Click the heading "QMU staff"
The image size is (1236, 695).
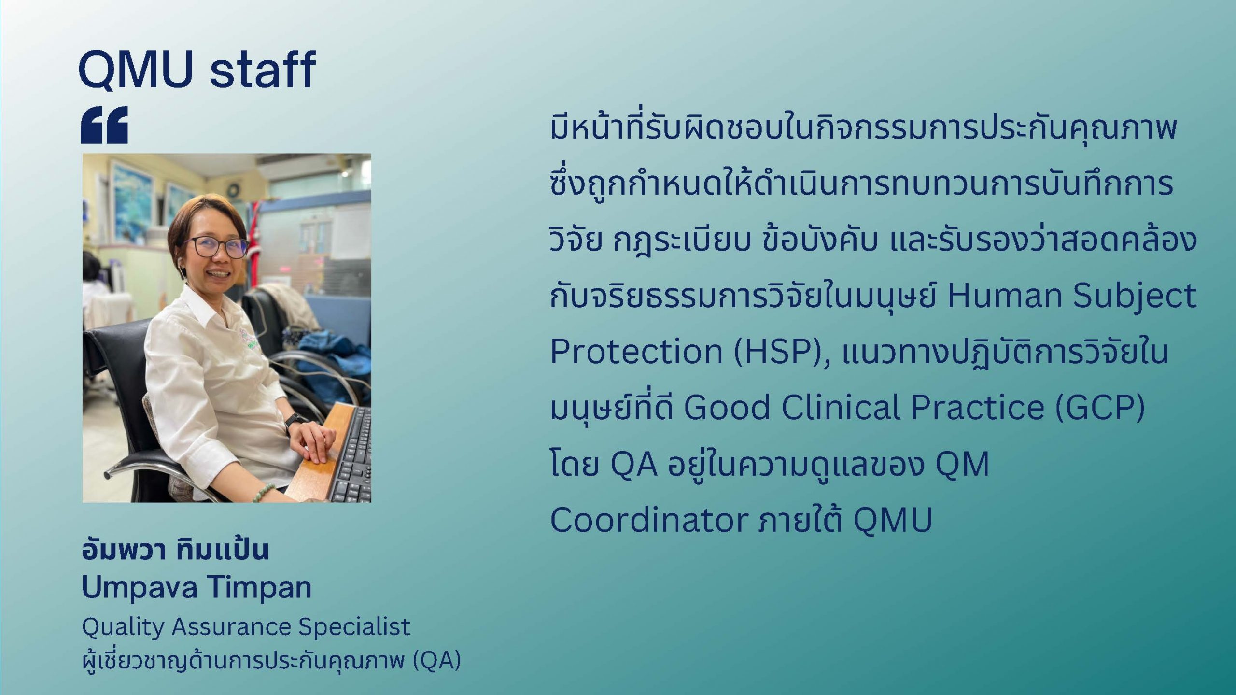click(197, 70)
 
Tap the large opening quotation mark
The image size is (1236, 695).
click(104, 125)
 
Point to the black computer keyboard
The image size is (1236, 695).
click(351, 454)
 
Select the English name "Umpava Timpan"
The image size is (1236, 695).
click(197, 588)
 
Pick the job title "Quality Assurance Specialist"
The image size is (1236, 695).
click(246, 627)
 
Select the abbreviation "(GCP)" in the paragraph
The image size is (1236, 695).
click(1099, 408)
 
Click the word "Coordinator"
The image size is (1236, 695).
click(649, 520)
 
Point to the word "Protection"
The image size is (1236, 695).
click(636, 351)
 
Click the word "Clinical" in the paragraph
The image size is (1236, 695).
click(841, 407)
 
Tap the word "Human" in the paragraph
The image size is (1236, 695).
click(1004, 295)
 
